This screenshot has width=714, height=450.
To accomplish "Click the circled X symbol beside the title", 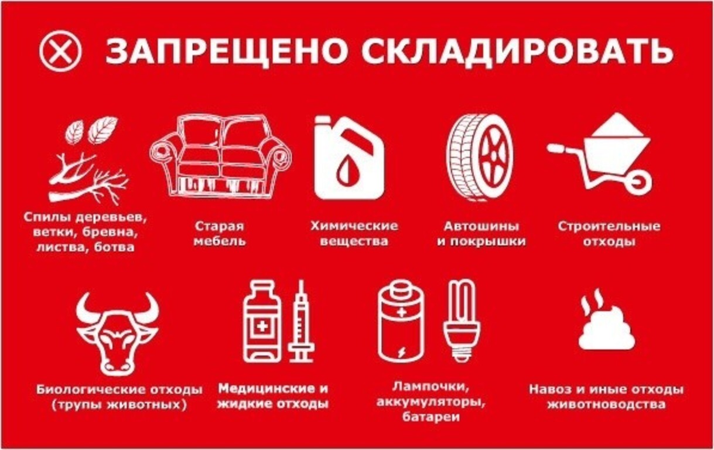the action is (60, 51).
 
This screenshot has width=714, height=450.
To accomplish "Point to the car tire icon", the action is (480, 157).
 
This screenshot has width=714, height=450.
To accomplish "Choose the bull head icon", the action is (117, 334).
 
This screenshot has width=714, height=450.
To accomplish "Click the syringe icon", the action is (301, 322).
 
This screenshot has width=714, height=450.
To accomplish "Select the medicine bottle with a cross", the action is (262, 322).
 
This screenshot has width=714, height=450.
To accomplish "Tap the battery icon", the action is (401, 322).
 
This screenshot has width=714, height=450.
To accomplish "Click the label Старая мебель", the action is (220, 233).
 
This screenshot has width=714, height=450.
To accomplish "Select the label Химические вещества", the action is (354, 233).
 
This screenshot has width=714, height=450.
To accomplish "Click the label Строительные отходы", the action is (609, 234).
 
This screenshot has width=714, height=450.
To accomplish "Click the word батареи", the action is (431, 417).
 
